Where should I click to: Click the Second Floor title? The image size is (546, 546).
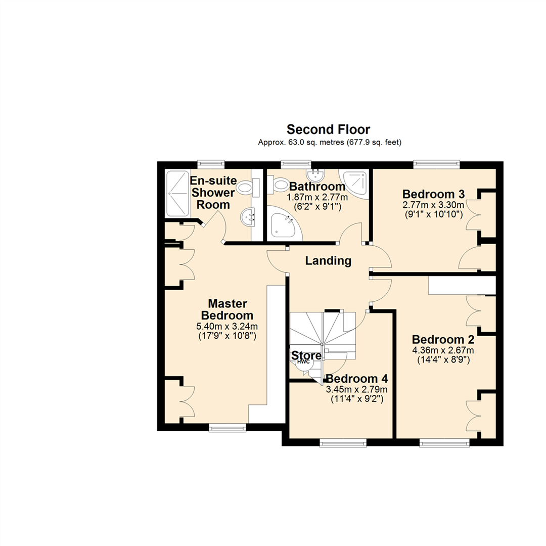[328, 129]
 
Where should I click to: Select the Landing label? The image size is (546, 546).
[328, 261]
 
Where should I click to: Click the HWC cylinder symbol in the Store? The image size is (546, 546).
[302, 362]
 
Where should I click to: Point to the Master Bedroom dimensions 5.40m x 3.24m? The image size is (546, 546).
[227, 326]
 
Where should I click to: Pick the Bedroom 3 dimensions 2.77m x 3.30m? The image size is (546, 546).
[433, 205]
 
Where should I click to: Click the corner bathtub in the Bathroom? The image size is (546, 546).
[284, 225]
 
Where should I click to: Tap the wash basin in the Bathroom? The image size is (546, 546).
[316, 175]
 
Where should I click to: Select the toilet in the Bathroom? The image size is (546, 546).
[277, 185]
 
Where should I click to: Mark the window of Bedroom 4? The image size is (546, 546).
[342, 443]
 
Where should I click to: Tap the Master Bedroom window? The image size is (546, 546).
[227, 428]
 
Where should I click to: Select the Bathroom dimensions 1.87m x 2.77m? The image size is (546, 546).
[317, 198]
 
